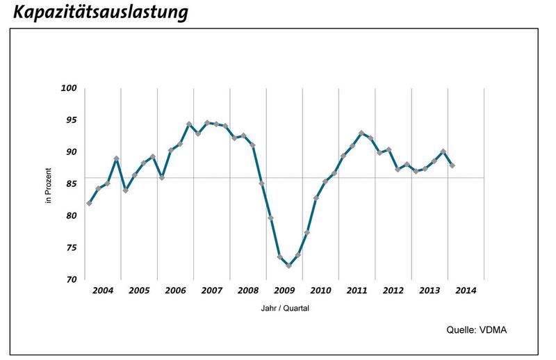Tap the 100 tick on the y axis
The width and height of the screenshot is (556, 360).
tap(69, 88)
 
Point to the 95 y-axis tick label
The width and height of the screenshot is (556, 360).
tap(71, 120)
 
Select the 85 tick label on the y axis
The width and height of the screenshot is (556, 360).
tap(71, 184)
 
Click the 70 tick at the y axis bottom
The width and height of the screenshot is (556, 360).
tap(71, 279)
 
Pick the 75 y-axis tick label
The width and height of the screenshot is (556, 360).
tap(71, 248)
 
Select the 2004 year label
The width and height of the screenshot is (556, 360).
tap(102, 290)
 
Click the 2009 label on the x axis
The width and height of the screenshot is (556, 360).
tap(284, 290)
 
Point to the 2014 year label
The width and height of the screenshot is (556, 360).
tap(465, 290)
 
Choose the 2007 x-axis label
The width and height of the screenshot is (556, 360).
tap(211, 290)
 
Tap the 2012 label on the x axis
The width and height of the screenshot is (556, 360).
tap(393, 290)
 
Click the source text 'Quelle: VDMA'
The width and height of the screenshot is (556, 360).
tap(476, 330)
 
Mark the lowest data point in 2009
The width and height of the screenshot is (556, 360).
tap(288, 265)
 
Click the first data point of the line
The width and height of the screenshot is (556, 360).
tap(89, 203)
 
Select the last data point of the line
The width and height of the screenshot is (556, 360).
tap(452, 165)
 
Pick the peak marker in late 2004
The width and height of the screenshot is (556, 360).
tap(116, 159)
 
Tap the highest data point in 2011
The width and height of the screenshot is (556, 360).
tap(361, 133)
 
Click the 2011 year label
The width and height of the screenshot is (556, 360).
tap(357, 290)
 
